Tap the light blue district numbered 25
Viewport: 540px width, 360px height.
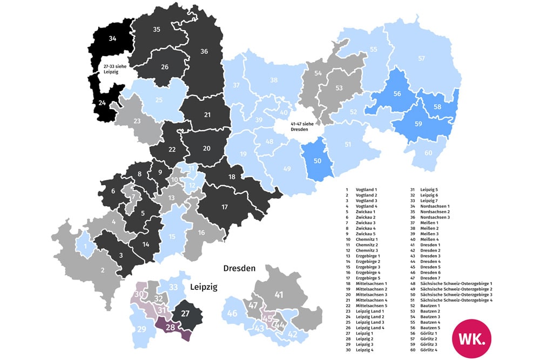click(159, 99)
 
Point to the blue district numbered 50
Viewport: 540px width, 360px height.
click(318, 160)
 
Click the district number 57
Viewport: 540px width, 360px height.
click(421, 58)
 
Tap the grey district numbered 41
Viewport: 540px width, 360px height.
click(279, 295)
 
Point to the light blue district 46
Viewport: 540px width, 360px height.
click(232, 314)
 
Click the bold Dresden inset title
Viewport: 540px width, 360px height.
click(239, 268)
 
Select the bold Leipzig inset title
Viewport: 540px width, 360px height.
click(203, 287)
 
